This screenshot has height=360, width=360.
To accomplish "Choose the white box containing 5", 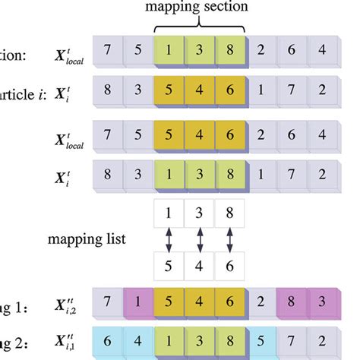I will [x=169, y=267].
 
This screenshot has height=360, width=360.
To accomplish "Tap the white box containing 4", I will [x=201, y=267].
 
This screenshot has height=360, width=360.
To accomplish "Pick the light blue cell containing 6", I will [x=106, y=338].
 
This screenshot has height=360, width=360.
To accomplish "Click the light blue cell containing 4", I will [x=137, y=338].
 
